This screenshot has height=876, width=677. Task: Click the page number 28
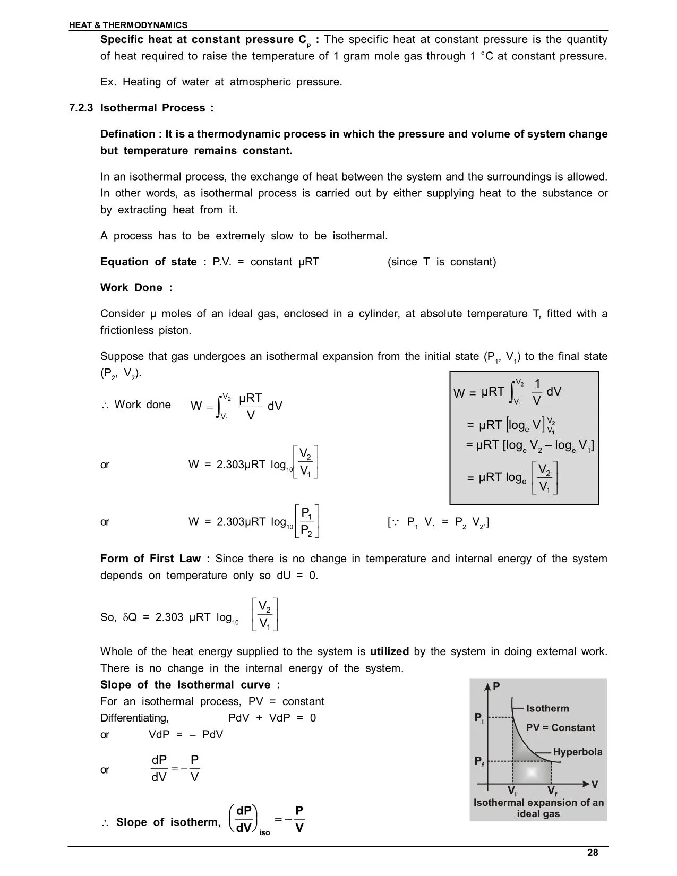click(593, 853)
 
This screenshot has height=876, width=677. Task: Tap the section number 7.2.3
click(81, 108)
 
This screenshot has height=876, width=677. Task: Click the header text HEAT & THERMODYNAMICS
click(128, 25)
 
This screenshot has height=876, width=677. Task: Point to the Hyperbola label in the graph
click(578, 752)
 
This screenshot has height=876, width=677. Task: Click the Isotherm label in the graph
click(547, 708)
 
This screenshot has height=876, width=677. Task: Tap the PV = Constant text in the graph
click(560, 728)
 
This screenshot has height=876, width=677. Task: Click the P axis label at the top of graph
click(496, 686)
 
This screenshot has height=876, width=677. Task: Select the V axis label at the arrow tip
click(595, 784)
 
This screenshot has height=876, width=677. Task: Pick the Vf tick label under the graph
click(552, 792)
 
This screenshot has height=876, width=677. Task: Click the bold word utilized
click(389, 652)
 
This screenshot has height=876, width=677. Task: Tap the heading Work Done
click(136, 288)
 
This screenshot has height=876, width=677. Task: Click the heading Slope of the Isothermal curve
click(190, 685)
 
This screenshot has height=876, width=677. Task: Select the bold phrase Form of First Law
click(155, 559)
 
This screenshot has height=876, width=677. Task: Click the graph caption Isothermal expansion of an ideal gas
click(538, 808)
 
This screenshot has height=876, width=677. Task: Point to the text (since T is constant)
click(442, 262)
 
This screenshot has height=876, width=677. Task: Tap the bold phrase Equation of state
click(153, 262)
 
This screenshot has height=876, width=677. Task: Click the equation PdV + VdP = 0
click(272, 718)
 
